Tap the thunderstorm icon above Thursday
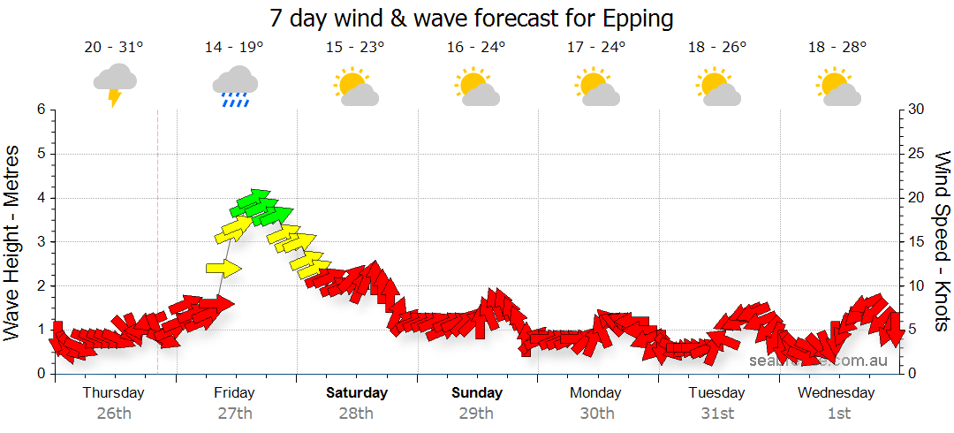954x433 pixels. point(115,83)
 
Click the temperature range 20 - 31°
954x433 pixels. point(115,48)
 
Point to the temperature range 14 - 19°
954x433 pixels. point(234,48)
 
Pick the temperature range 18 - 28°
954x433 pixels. point(837,48)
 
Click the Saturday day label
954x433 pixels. point(357,392)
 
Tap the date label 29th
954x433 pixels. point(477,413)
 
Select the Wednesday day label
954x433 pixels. point(837,392)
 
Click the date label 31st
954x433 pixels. point(717,413)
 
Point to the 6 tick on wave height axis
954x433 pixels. point(41,110)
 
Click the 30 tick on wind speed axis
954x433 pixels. point(916,110)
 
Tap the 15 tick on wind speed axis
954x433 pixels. point(916,241)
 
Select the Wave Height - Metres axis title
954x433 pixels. point(14,240)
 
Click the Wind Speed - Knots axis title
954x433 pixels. point(942,240)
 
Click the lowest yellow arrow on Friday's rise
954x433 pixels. point(223,269)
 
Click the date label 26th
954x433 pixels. point(114,413)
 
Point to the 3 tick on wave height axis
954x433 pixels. point(41,241)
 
